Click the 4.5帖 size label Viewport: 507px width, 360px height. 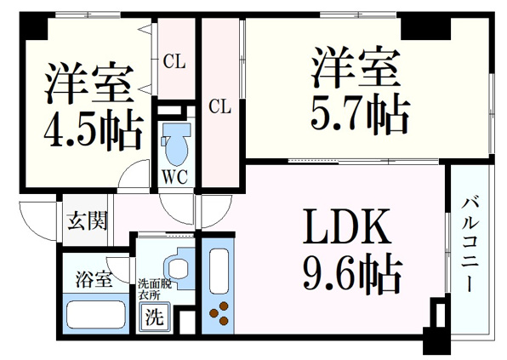[x=93, y=129]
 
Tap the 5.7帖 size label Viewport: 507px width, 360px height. [x=360, y=115]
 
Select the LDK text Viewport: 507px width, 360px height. [x=346, y=226]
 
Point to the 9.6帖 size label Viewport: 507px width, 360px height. [x=352, y=275]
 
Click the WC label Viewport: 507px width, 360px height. [x=174, y=177]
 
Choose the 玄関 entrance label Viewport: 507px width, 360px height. [x=88, y=221]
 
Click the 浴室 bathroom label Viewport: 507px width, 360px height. [x=94, y=279]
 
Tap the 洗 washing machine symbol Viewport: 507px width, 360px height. [x=154, y=317]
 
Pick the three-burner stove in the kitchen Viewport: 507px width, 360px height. [x=219, y=313]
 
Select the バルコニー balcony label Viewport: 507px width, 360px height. [x=470, y=245]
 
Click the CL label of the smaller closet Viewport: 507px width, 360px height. [x=174, y=61]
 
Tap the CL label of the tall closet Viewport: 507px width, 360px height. [x=219, y=106]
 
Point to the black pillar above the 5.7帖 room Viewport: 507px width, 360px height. [x=425, y=28]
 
